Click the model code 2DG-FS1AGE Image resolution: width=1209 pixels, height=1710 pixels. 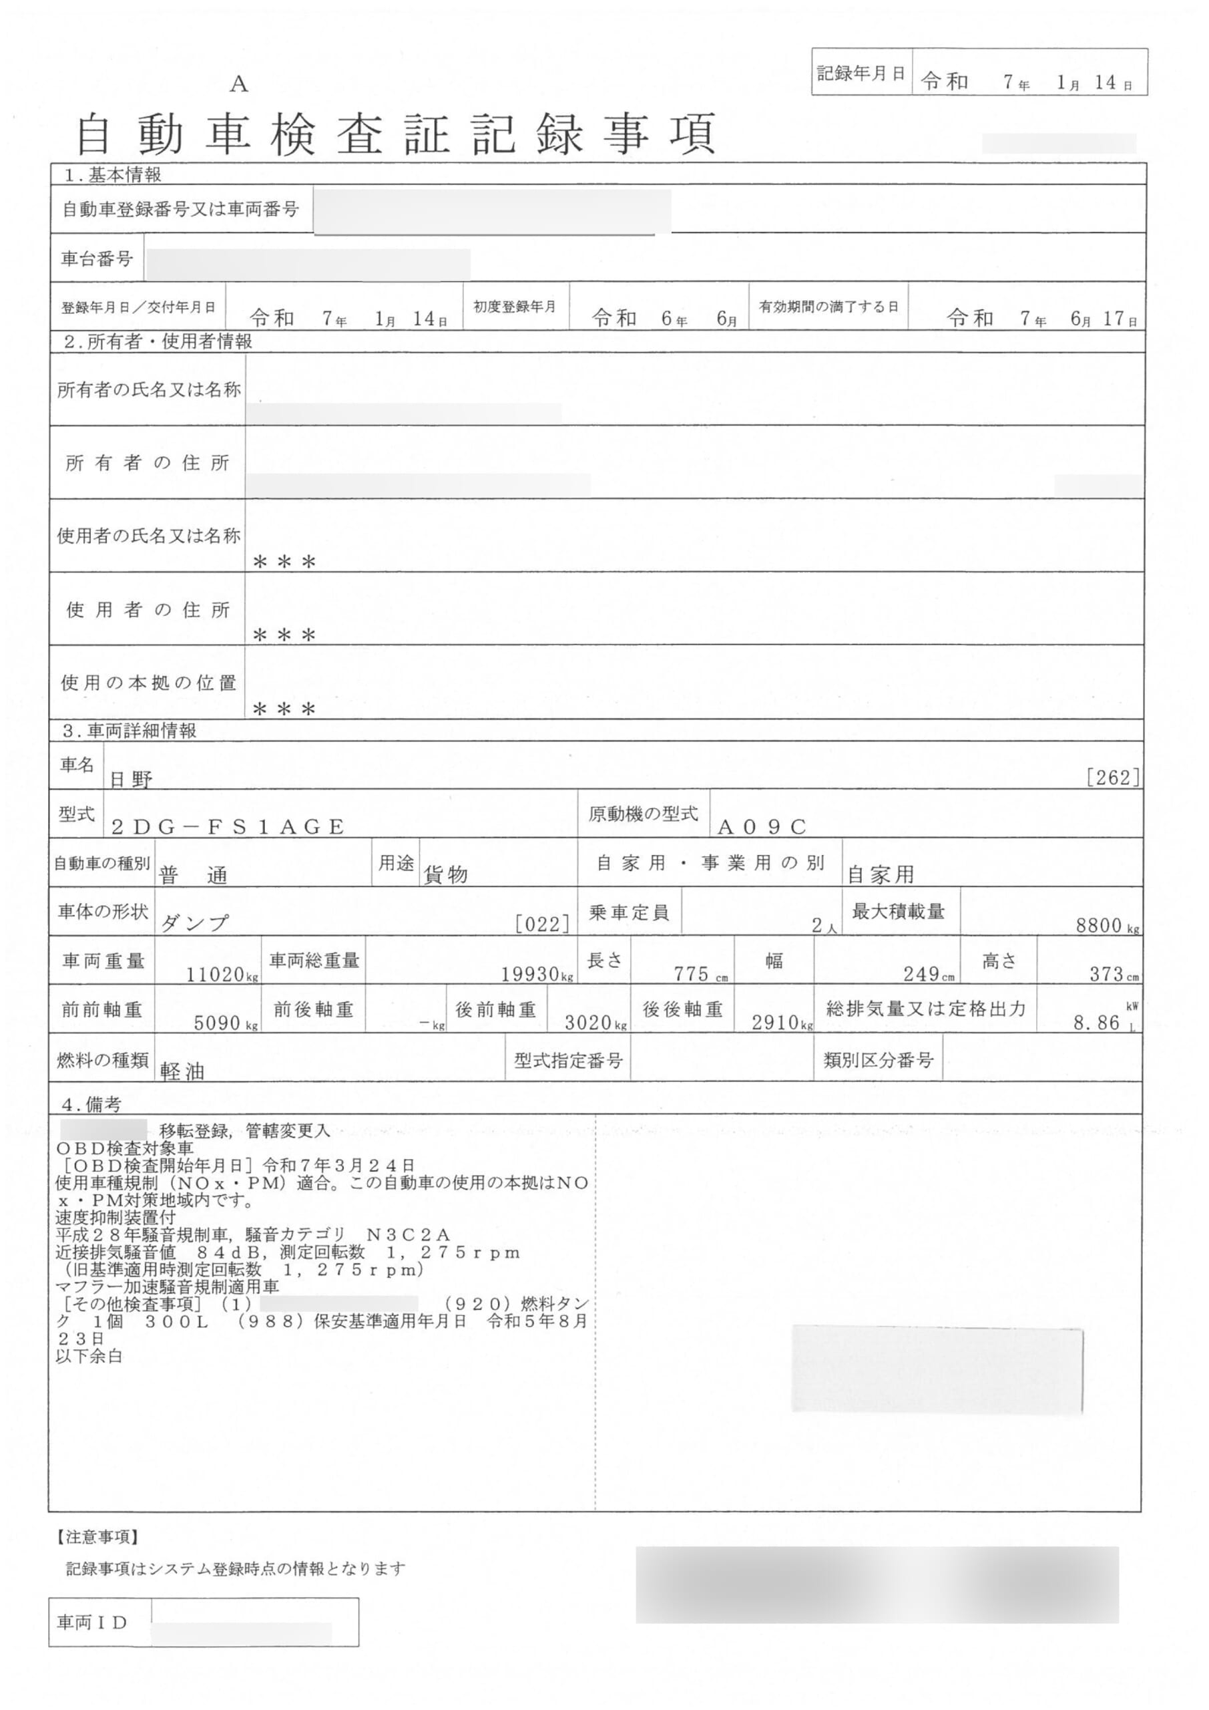pos(228,827)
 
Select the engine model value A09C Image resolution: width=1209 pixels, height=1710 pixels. pos(762,827)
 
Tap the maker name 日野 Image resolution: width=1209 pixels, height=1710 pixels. pos(131,780)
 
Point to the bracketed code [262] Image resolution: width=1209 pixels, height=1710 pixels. pos(1113,778)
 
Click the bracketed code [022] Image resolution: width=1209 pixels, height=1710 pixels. pos(543,924)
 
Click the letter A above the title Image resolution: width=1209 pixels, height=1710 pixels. pos(238,85)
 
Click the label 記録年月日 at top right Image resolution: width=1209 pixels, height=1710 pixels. pos(861,73)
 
